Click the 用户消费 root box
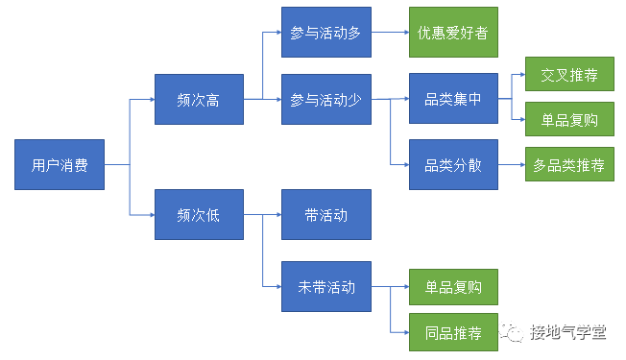tap(60, 165)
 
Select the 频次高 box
tap(199, 99)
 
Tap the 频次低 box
tap(199, 215)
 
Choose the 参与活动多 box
tap(325, 32)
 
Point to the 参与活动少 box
tap(325, 99)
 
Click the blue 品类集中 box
tap(453, 99)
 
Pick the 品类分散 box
tap(453, 165)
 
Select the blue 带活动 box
tap(325, 215)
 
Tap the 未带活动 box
tap(325, 286)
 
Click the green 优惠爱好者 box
tap(453, 32)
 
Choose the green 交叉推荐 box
tap(569, 74)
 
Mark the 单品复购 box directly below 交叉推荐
tap(569, 121)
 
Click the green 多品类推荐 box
tap(569, 165)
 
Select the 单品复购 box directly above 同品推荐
tap(453, 286)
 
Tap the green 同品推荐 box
tap(453, 332)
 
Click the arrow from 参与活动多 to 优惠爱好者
tap(389, 32)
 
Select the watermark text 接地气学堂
tap(568, 333)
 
